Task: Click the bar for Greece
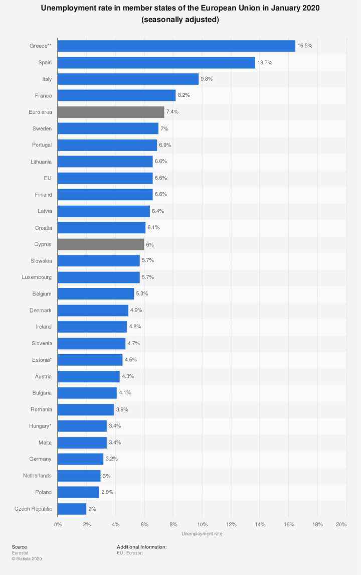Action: point(176,46)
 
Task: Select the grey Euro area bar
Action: point(111,112)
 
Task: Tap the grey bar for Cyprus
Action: point(101,244)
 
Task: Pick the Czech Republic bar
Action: point(72,509)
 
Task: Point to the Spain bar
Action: point(156,62)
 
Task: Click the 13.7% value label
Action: point(265,62)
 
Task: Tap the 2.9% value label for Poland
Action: point(107,492)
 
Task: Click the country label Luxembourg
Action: point(37,277)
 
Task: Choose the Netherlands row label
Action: point(37,476)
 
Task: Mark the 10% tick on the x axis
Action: point(203,524)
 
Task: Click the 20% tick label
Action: point(341,524)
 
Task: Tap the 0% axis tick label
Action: point(58,524)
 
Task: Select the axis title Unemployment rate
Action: point(202,534)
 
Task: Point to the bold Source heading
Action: point(20,547)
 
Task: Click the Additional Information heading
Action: point(141,547)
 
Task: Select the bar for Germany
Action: point(80,459)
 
